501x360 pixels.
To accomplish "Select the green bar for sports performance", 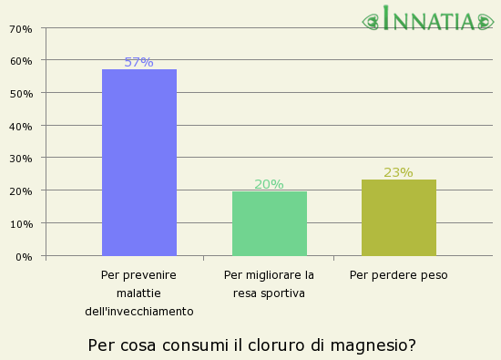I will tap(270, 223).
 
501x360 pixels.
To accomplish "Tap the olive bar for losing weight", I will tap(399, 218).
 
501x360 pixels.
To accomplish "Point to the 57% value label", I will tap(138, 62).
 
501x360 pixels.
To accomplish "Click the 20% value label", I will tap(269, 184).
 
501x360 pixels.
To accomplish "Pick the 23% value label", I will tap(398, 172).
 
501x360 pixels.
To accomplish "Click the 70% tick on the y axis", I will tap(20, 28).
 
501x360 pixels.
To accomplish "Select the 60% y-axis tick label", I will tap(20, 61).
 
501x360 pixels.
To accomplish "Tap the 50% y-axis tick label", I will tap(20, 94).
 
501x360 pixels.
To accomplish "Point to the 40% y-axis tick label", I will tap(20, 126).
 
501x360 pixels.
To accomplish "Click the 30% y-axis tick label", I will tap(20, 159).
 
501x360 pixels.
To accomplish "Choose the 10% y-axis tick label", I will tap(20, 223).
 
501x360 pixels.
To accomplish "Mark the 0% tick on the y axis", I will tap(23, 256).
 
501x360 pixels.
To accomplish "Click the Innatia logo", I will tap(430, 20).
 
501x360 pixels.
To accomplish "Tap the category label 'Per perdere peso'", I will tap(399, 274).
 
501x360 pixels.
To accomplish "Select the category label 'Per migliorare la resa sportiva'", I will tap(269, 283).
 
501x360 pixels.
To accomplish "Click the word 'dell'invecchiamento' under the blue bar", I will tap(139, 311).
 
